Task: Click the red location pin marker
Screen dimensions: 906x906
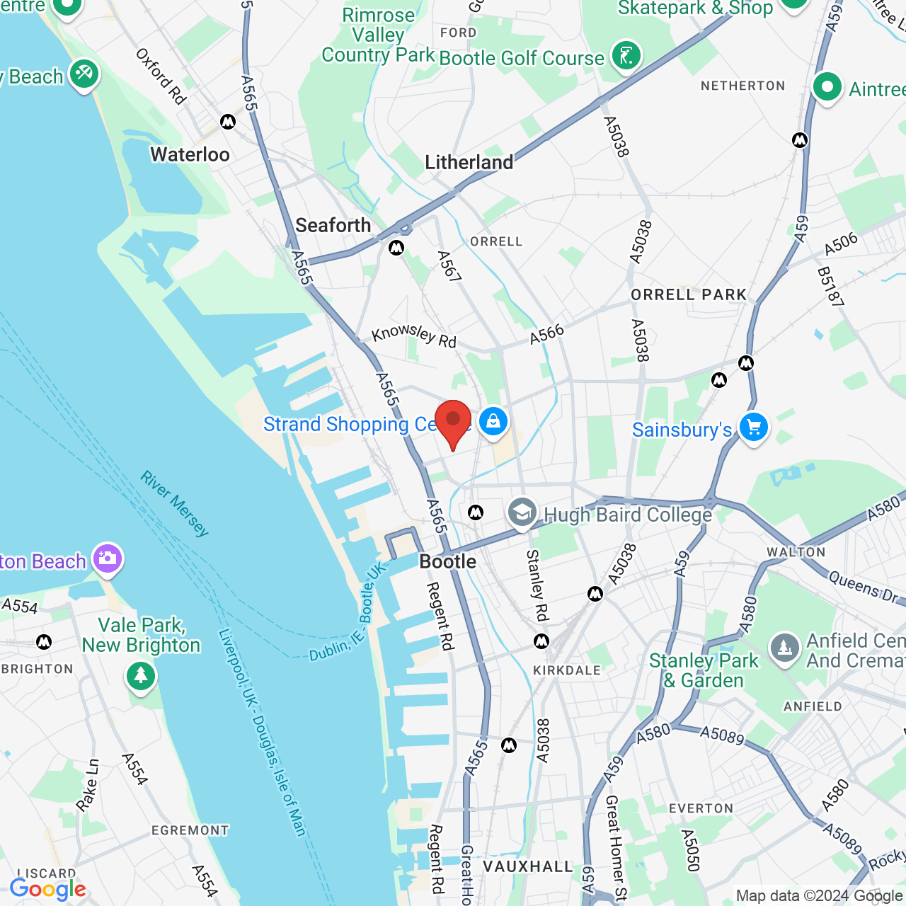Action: point(453,422)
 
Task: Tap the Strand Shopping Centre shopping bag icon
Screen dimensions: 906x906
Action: point(493,422)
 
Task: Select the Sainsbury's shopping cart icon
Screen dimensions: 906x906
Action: point(753,428)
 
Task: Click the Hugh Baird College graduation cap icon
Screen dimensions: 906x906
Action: point(522,512)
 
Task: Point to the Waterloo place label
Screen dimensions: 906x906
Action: point(190,154)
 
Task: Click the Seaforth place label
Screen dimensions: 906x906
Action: point(333,225)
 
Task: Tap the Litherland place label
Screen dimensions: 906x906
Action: point(469,162)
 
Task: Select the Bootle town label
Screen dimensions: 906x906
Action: point(447,562)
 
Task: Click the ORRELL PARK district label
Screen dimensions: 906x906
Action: point(689,294)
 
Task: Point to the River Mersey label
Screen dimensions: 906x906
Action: point(174,504)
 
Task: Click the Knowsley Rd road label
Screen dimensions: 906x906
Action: point(414,335)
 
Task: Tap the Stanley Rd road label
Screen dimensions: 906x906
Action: point(537,585)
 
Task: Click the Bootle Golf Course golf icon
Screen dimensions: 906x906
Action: point(626,56)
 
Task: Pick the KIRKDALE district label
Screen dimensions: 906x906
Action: point(566,670)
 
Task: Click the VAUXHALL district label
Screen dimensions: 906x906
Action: point(527,866)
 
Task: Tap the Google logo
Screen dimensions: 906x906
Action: point(47,889)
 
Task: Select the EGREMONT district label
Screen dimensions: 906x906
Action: point(190,830)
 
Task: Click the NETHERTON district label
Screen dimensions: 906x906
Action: point(742,86)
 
